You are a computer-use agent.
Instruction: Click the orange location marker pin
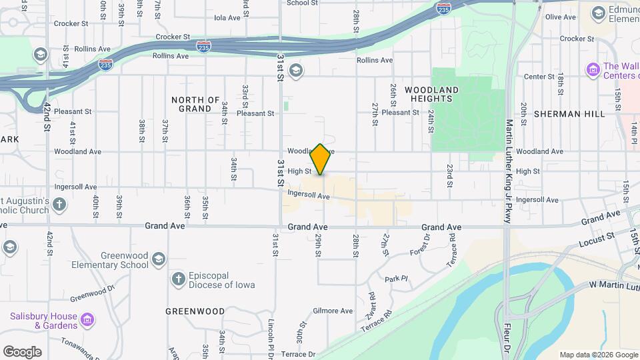coord(321,159)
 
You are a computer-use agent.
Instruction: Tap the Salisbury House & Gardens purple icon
coord(87,321)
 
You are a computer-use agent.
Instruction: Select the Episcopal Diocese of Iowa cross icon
coord(178,279)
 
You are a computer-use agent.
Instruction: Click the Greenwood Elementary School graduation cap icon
coord(158,259)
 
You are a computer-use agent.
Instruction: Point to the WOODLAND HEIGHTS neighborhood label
coord(431,94)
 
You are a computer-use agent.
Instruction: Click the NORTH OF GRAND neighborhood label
coord(196,104)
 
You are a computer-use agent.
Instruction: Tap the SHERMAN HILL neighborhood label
coord(569,114)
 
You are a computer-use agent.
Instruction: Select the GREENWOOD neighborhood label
coord(195,311)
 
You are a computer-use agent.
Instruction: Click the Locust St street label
coord(597,237)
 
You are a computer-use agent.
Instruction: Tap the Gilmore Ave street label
coord(333,311)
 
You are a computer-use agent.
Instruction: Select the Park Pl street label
coord(395,279)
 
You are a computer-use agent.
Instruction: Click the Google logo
coord(22,351)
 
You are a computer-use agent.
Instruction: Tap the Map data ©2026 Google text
coord(598,355)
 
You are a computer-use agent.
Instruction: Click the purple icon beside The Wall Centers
coord(592,69)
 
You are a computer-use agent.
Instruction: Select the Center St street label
coord(535,77)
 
